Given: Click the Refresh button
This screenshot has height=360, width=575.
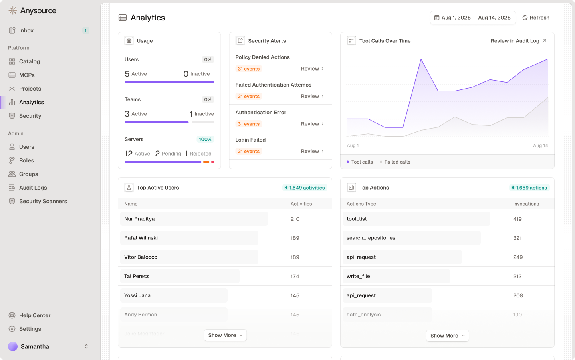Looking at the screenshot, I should point(536,18).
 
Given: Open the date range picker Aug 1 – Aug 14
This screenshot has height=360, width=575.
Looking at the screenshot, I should point(472,18).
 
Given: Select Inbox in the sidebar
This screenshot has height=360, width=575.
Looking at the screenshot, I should point(26,30).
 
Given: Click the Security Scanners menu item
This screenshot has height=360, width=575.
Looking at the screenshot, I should point(43,201).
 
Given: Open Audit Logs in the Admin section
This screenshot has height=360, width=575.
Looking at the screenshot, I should point(33,188).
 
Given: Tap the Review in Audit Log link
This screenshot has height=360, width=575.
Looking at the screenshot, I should point(518,41).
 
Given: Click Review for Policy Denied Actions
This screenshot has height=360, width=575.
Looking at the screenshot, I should point(312,69).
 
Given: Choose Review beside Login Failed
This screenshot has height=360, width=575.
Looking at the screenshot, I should point(312,151).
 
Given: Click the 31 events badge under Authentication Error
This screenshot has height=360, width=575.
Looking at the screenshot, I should point(248,124).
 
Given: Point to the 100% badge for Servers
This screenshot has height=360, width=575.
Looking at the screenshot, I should point(205,139).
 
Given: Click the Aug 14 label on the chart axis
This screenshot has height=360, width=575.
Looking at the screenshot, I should point(540,146).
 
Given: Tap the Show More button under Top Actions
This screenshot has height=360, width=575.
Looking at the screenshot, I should point(447,336).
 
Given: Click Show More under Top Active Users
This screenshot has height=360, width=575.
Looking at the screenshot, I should point(225,335).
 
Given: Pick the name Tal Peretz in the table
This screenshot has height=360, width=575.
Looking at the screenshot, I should point(137,276).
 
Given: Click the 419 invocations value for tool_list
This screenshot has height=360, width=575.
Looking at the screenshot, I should point(517,219).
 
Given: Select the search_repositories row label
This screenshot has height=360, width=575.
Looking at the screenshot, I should point(371,238).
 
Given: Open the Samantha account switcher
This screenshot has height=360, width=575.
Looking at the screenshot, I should point(48,346).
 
